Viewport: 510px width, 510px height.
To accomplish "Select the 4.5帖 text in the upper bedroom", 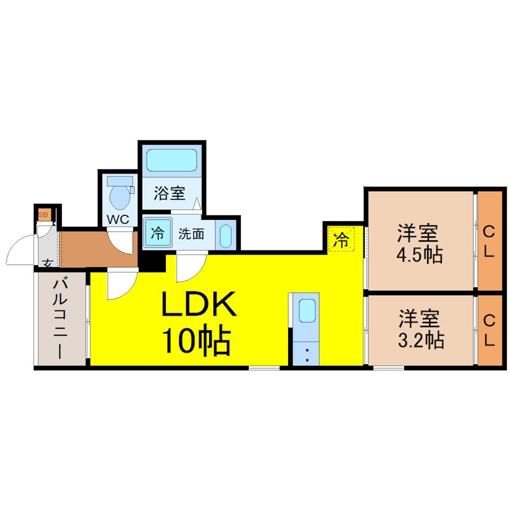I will click(419, 255).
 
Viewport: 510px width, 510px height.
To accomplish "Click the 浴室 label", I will click(170, 194).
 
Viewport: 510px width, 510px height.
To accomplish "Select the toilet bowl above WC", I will click(119, 194).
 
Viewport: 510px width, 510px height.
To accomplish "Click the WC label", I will click(118, 219).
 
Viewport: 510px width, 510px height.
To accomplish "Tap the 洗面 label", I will click(191, 234).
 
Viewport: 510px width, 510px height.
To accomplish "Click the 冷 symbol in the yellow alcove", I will click(342, 240).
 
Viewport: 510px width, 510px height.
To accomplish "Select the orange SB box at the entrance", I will click(43, 214).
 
